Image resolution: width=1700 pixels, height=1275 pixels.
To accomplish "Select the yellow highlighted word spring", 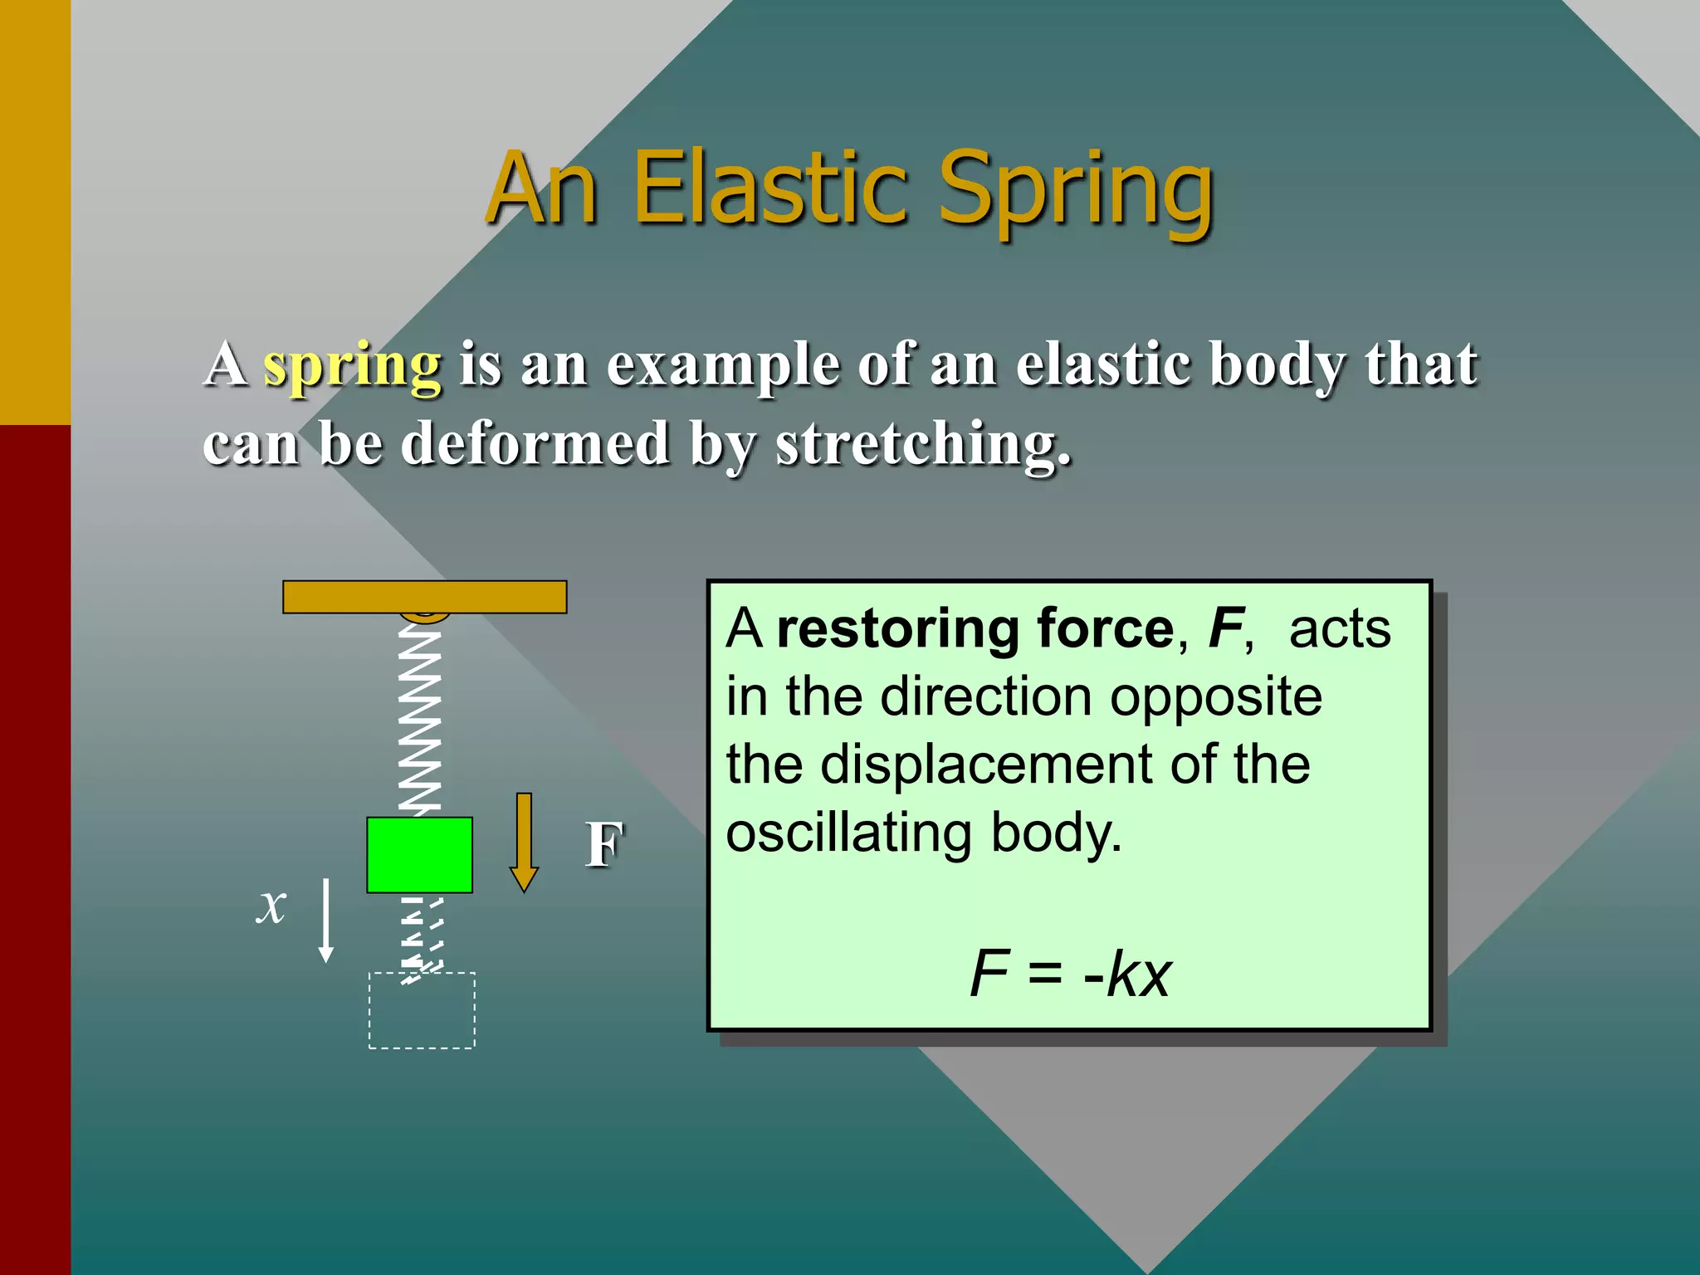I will pos(352,365).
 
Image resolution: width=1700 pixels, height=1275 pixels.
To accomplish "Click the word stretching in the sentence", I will pos(921,444).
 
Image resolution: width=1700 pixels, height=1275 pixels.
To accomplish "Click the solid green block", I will pos(420,855).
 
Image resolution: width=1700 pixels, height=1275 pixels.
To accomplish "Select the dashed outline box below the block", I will pos(422,1010).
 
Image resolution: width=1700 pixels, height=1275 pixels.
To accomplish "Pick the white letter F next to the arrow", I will pos(604,845).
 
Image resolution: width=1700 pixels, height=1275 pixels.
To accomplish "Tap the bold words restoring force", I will pos(975,628).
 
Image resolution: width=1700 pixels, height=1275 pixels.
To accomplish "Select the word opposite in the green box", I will pos(1216,697).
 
